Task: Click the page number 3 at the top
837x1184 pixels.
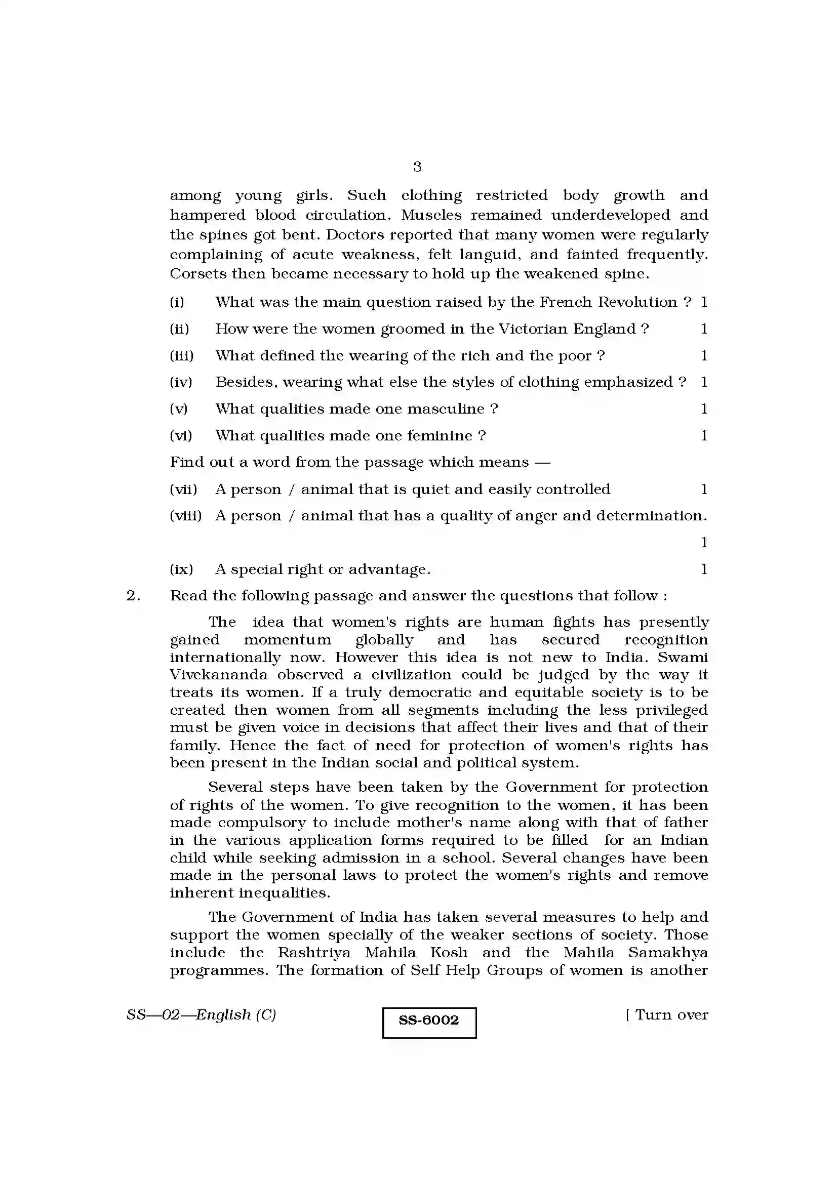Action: [417, 167]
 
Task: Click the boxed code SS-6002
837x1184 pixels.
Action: [428, 1020]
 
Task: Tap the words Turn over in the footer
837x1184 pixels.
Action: [671, 1015]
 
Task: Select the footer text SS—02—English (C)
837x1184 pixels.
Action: [201, 1015]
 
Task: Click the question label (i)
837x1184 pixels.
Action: [177, 302]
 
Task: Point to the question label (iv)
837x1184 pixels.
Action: [180, 382]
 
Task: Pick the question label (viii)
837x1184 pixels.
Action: [186, 516]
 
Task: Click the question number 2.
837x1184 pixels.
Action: [133, 596]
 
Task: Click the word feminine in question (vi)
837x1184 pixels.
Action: [440, 436]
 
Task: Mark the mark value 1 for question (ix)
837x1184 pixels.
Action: [704, 569]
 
